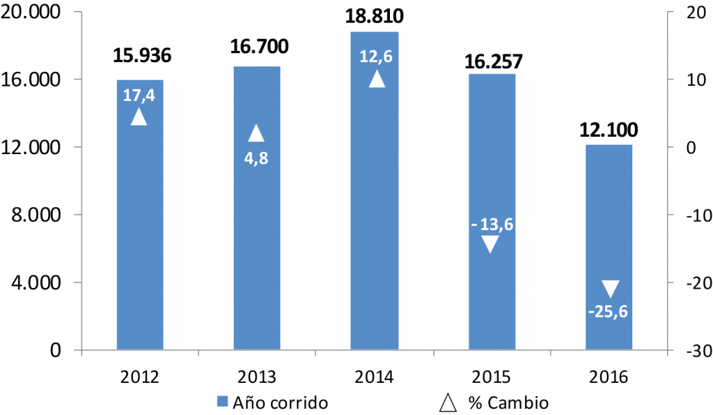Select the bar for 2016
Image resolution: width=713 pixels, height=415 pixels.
[x=609, y=230]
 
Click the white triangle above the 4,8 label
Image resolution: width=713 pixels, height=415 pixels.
[x=256, y=133]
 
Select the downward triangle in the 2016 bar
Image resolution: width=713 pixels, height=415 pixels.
[x=610, y=289]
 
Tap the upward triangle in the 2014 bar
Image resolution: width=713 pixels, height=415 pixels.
[x=376, y=79]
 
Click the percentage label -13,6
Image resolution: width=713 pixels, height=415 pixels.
[x=492, y=225]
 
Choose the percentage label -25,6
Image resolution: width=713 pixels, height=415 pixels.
[x=608, y=311]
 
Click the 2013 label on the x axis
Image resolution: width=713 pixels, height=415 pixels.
[x=257, y=377]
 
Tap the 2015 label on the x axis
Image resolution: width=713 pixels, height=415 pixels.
[x=492, y=377]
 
